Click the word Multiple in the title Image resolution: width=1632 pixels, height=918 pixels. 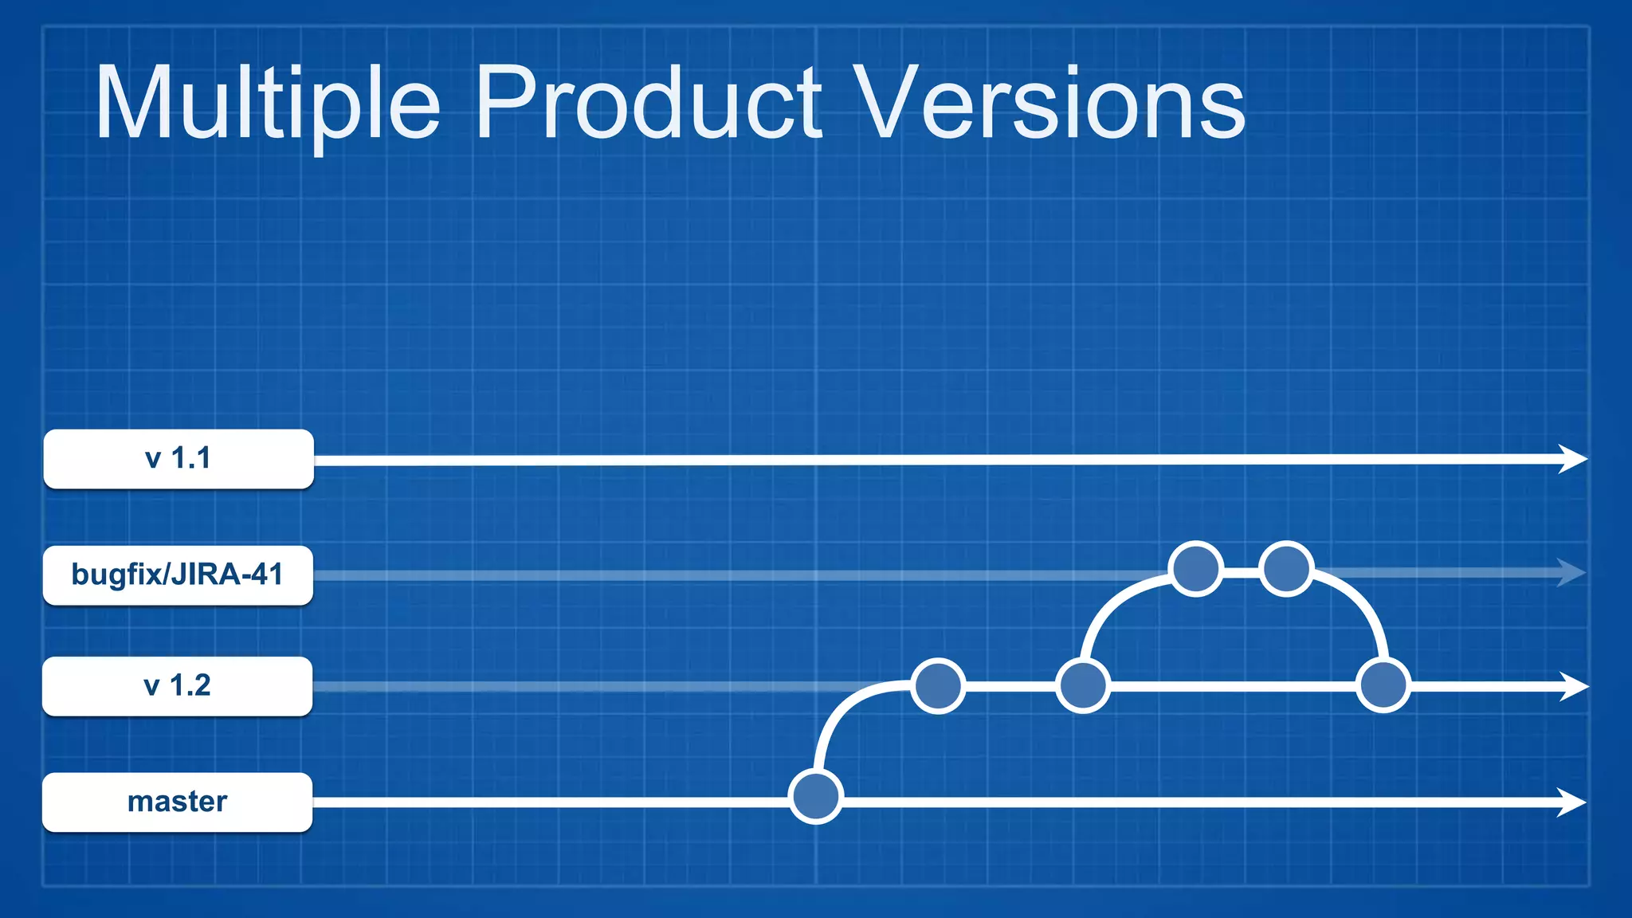pos(267,104)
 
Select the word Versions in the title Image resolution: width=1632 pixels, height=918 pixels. pos(1052,104)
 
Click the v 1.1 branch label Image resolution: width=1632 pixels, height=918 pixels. pos(178,459)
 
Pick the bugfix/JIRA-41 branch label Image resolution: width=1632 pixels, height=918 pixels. pos(178,575)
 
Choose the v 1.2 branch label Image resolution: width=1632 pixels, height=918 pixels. pos(178,686)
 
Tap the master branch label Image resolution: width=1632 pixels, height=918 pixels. pos(178,802)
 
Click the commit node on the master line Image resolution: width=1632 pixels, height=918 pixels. pos(815,796)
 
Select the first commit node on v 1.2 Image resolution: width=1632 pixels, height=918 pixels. pos(938,685)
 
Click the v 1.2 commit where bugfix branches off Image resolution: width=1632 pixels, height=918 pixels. pos(1082,685)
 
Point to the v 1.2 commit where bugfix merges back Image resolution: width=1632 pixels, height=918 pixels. pos(1383,685)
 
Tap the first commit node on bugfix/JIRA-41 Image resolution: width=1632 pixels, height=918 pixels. pos(1195,569)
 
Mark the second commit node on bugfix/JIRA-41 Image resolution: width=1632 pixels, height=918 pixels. pos(1286,569)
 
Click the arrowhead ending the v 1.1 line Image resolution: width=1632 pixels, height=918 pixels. pos(1572,459)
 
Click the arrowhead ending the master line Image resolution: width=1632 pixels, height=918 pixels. pos(1571,802)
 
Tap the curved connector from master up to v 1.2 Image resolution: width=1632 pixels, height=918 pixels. pos(837,713)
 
